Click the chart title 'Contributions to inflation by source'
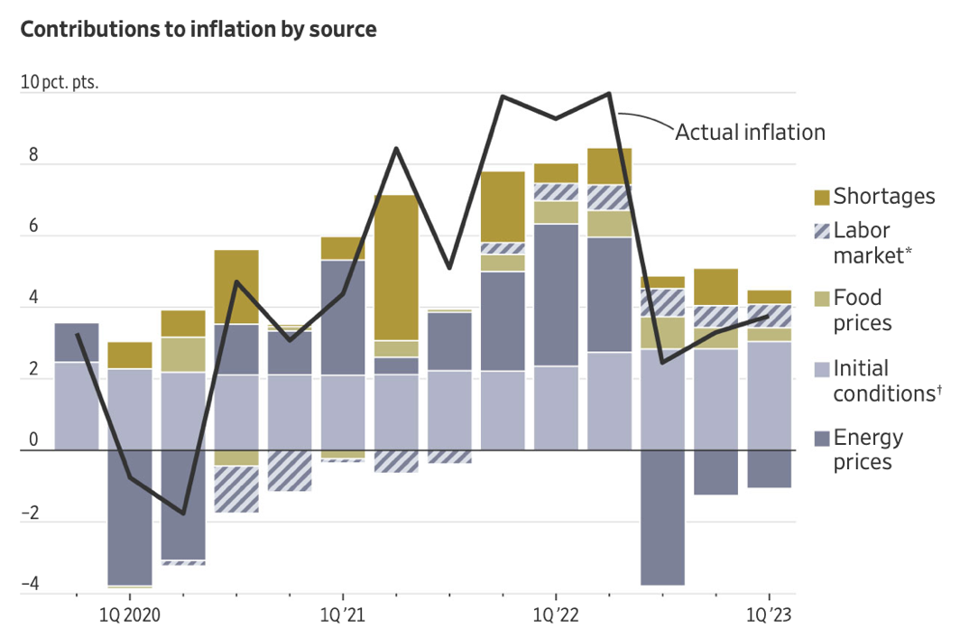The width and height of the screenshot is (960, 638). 198,30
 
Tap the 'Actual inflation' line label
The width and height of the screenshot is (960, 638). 750,133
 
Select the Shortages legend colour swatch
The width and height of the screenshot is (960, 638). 819,197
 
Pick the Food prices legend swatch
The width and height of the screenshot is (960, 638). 819,298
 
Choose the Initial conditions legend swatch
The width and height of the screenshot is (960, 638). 819,368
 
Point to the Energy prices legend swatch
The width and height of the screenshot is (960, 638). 819,439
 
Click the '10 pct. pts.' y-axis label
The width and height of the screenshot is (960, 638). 60,83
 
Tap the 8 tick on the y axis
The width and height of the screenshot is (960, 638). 33,155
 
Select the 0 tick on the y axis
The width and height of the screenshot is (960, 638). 33,440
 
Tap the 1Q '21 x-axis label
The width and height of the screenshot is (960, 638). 343,616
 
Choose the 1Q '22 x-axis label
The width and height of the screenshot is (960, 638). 556,616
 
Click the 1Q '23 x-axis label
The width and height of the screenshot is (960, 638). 769,616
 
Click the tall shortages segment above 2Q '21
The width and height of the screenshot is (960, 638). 396,267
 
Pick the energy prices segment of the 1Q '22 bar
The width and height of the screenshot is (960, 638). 556,294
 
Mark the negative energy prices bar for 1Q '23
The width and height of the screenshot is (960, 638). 769,468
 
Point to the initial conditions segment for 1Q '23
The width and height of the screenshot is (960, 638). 769,395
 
